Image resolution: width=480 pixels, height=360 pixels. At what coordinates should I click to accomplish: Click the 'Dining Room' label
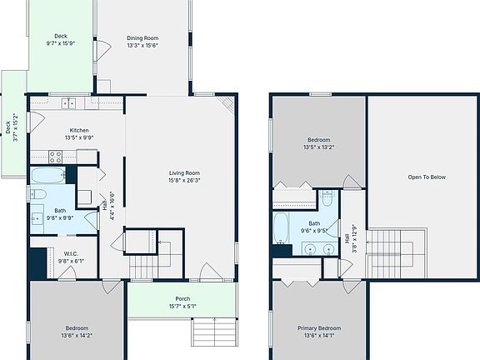pos(142,38)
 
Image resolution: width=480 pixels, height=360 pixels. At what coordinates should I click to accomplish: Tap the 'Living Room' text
pos(184,172)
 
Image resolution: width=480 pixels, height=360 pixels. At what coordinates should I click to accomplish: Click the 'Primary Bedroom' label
pos(319,328)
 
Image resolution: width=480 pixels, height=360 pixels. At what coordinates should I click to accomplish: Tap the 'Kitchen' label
pos(79,131)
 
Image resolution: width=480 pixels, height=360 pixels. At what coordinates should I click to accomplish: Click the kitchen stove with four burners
pos(57,155)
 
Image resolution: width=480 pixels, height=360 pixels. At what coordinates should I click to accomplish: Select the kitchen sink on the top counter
pos(69,103)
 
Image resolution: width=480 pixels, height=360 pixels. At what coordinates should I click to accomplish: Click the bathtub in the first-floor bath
pos(47,175)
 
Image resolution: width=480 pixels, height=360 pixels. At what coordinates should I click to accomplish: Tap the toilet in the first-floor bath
pos(38,194)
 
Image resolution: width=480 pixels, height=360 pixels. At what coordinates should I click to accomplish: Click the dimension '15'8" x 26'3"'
pos(184,180)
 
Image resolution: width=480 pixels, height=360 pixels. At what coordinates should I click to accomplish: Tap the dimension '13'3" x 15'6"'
pos(142,46)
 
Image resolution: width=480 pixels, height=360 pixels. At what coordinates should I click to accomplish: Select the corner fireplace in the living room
pos(227,104)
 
